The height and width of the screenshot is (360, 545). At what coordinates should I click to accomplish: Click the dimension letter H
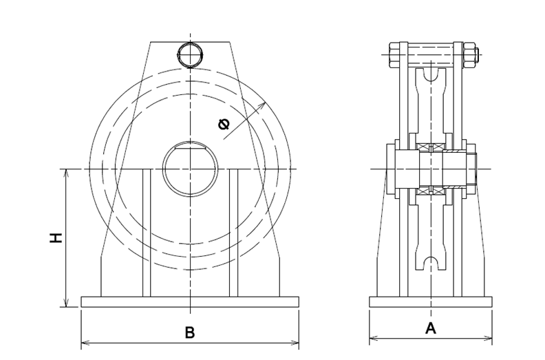pos(56,237)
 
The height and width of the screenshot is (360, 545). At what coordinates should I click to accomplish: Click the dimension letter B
pos(190,332)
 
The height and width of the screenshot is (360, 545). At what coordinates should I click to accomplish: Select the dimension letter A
pos(431,328)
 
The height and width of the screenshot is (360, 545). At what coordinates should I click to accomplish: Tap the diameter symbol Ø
pos(224,124)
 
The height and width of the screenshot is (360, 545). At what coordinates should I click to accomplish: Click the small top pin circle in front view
pos(190,55)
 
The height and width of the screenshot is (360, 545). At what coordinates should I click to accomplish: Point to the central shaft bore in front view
pos(190,169)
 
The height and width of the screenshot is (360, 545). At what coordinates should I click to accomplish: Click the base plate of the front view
pos(190,302)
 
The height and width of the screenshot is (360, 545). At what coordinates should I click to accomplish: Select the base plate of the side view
pos(431,302)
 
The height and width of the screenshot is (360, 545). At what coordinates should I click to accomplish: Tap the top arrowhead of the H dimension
pos(66,173)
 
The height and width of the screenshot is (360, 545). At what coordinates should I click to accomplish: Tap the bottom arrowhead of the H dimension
pos(66,303)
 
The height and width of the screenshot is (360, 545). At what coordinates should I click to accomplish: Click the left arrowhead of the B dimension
pos(85,343)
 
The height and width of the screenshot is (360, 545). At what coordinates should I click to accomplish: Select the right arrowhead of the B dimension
pos(295,343)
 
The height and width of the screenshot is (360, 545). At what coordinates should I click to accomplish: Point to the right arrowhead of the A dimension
pos(488,338)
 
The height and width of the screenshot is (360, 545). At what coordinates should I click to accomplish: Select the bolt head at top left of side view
pos(394,54)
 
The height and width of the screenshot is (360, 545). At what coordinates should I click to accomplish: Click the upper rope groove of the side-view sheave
pos(431,75)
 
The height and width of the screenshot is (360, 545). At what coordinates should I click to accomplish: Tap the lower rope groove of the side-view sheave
pos(431,264)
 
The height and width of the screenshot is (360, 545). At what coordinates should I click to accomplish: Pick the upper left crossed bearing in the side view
pos(423,147)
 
